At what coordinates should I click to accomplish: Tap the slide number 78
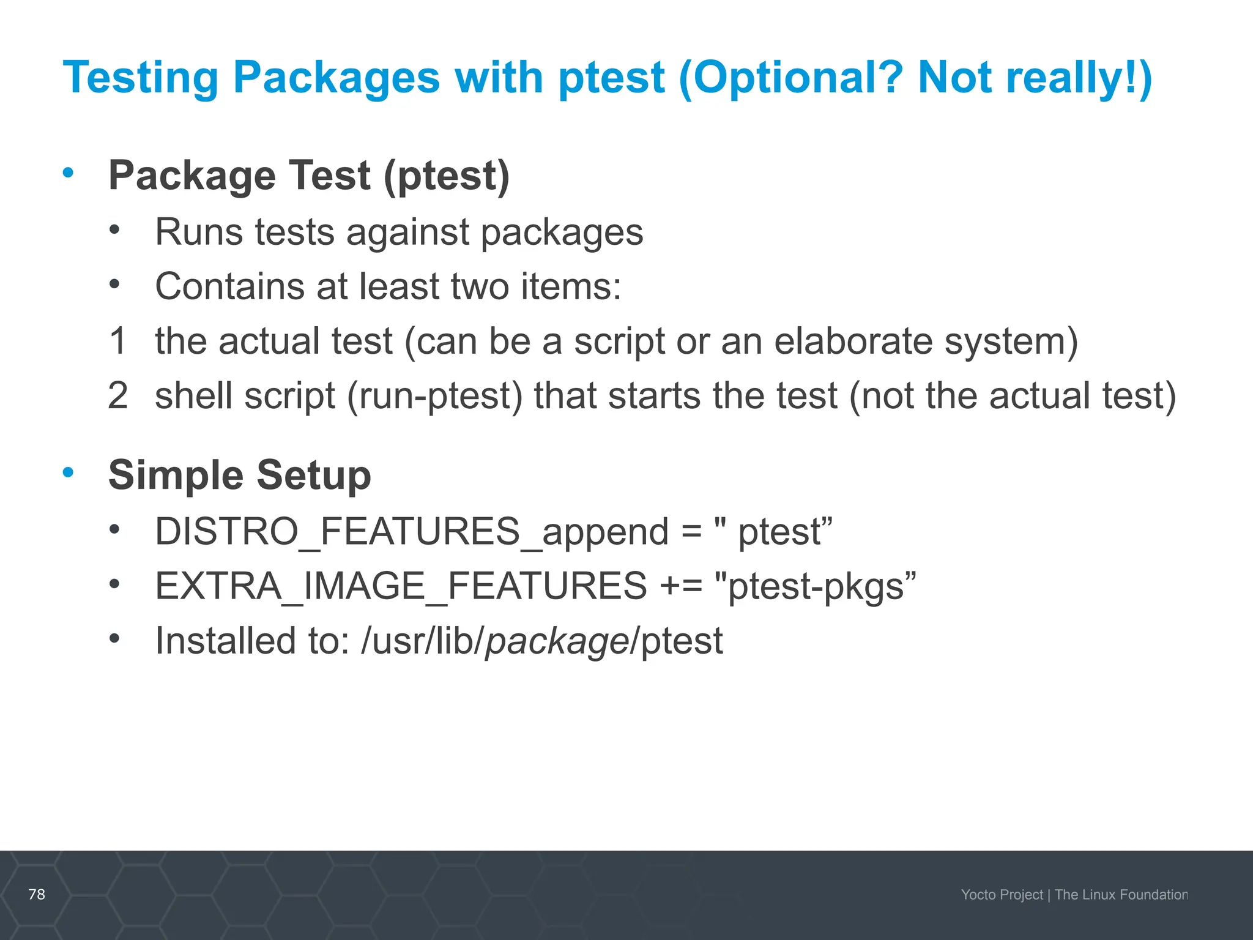(37, 894)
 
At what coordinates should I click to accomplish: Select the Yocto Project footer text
(1002, 895)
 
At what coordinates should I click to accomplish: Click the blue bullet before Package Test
(68, 173)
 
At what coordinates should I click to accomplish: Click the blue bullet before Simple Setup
(68, 472)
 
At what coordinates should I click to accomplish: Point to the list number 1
(117, 341)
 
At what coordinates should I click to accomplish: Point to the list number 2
(117, 395)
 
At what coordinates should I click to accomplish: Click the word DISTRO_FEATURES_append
(411, 531)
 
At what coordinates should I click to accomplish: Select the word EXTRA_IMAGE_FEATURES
(401, 586)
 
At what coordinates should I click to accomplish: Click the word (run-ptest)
(435, 396)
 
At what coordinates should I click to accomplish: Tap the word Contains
(229, 286)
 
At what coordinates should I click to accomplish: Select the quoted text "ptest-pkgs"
(815, 586)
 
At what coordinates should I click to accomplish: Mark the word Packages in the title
(336, 78)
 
